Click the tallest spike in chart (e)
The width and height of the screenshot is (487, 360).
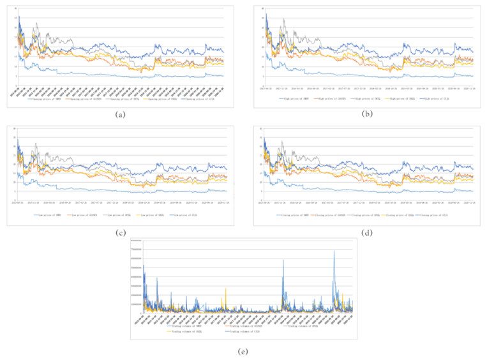(334, 251)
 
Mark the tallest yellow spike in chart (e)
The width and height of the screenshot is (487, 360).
(225, 289)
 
